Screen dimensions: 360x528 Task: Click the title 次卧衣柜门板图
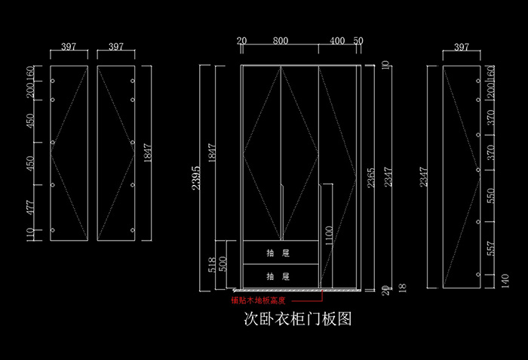tap(298, 319)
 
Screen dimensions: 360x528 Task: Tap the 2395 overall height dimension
tap(198, 178)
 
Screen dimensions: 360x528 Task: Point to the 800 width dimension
tap(280, 41)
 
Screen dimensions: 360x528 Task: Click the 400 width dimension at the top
tap(337, 41)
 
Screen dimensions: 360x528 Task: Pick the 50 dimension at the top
tap(358, 41)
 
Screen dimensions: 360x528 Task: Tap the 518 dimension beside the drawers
tap(212, 264)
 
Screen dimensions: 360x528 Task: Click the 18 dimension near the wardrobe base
tap(401, 288)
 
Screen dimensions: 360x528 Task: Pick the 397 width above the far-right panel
tap(462, 47)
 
